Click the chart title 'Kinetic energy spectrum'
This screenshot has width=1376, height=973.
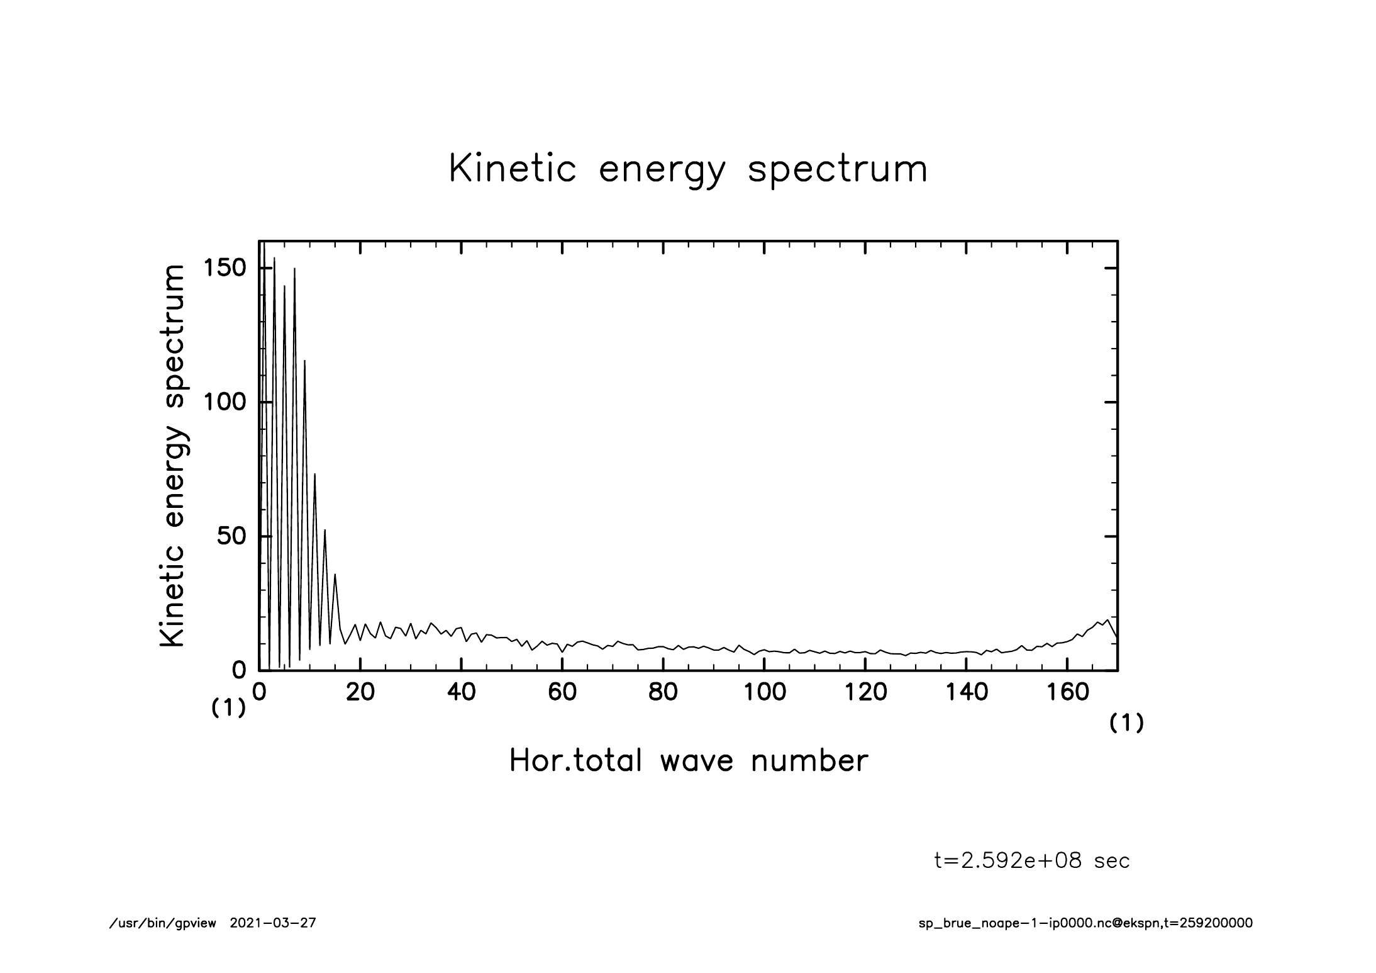[x=688, y=169]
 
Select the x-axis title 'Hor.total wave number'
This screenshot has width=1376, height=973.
[x=688, y=761]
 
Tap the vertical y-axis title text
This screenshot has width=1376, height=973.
[x=173, y=456]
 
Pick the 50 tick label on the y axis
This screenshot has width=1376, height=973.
[x=230, y=536]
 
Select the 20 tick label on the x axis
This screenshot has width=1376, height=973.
[x=360, y=692]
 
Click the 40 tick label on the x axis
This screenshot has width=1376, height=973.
[x=461, y=692]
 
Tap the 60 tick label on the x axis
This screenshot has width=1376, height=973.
[x=562, y=692]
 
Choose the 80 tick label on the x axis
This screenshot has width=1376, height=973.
[x=663, y=692]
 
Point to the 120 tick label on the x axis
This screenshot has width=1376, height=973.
[x=865, y=692]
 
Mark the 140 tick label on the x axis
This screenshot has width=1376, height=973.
[x=967, y=692]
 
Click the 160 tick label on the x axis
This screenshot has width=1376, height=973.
[x=1067, y=692]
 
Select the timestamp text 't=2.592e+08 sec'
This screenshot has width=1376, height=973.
[x=1032, y=860]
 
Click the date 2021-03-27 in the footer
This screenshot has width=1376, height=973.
[x=273, y=923]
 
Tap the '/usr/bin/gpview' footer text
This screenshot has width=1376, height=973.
[x=163, y=923]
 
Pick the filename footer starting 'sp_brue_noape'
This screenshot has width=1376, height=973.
[x=1085, y=923]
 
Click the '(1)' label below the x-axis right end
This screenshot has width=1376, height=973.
[x=1126, y=724]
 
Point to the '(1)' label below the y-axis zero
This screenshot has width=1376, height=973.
[x=228, y=709]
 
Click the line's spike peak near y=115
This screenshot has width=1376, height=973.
[x=305, y=361]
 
